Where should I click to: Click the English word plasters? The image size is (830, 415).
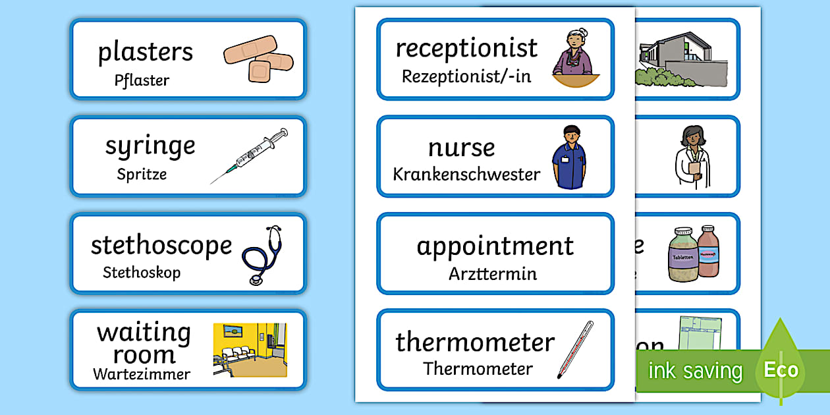tap(145, 52)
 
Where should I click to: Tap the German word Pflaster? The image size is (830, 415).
tap(142, 81)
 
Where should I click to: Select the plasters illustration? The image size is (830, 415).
tap(258, 59)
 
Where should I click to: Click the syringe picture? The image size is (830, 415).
tap(250, 155)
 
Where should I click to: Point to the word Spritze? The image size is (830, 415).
tap(142, 175)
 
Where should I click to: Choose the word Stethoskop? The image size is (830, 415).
tap(142, 272)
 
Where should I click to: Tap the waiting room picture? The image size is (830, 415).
tap(250, 350)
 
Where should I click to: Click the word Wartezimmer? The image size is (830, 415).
tap(142, 375)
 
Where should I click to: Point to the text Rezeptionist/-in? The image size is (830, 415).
tap(466, 76)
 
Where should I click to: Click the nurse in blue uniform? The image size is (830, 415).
tap(568, 157)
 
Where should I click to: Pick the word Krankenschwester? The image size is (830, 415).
tap(466, 175)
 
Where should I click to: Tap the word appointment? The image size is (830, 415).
tap(495, 246)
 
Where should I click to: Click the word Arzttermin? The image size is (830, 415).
tap(493, 273)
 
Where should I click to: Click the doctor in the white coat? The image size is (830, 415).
tap(688, 158)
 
